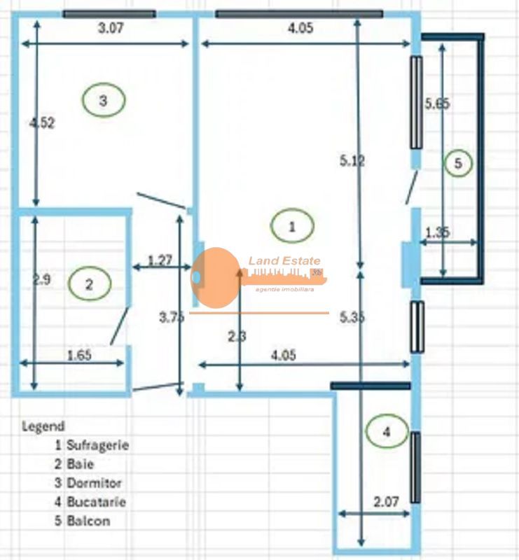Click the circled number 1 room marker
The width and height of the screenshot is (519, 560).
[x=292, y=226]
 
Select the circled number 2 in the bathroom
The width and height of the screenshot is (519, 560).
[x=90, y=283]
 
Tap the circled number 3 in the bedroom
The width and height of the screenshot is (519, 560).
[x=103, y=101]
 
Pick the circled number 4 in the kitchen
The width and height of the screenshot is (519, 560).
[x=386, y=433]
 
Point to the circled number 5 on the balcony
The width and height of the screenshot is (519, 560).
[x=458, y=164]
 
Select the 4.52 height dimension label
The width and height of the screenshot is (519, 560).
[x=41, y=122]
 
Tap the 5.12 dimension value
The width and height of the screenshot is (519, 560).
[x=352, y=161]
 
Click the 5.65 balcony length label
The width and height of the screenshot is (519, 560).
[x=437, y=104]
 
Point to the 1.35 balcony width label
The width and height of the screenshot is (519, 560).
[x=437, y=233]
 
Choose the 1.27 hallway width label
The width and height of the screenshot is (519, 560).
[x=160, y=261]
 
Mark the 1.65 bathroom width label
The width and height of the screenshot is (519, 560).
[x=79, y=355]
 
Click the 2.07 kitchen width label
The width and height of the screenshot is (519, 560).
[x=387, y=501]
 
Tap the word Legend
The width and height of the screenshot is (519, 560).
[x=43, y=426]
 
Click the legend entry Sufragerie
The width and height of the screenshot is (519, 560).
[x=97, y=444]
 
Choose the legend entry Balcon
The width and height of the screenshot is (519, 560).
[x=88, y=521]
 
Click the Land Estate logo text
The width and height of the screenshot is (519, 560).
[x=284, y=261]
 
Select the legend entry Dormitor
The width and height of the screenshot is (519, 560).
[x=94, y=483]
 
